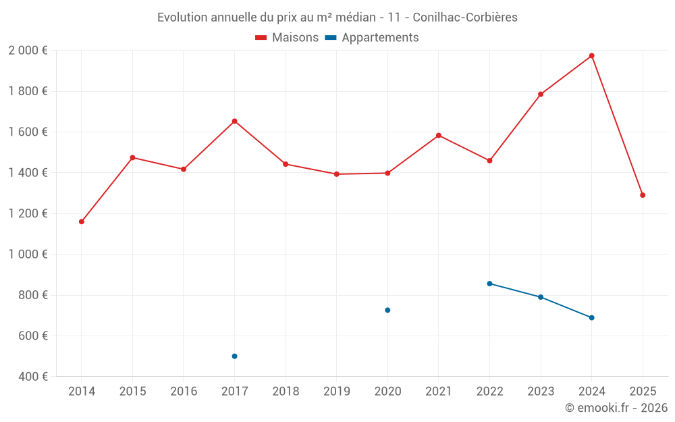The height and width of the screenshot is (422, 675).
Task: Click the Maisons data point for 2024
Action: pos(591,55)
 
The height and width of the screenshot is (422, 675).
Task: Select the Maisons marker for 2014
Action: pos(82,221)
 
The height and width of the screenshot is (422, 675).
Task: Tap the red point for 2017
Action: pos(234,121)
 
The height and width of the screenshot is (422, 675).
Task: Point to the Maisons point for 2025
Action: pos(643,195)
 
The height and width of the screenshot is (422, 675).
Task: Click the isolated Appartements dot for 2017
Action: pos(234,356)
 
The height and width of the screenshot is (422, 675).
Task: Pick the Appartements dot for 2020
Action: pos(387,310)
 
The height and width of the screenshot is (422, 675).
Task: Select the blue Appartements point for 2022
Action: pos(489,284)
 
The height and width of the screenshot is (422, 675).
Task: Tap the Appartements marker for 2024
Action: pos(591,317)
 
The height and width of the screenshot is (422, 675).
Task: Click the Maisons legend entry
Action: pos(287,38)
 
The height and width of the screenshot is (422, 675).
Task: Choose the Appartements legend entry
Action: pos(372,38)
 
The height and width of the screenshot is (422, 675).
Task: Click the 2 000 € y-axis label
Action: pos(28,51)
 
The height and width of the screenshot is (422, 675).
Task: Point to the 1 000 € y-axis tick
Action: pos(28,255)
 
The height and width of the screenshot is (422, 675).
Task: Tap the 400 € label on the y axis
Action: pos(32,377)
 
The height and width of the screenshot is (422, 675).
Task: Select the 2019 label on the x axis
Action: pos(336,392)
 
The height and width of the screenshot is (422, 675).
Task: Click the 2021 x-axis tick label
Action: pos(438,392)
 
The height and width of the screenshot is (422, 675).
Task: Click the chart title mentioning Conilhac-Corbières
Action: pos(337,18)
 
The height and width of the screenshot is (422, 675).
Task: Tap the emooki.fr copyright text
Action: pos(616,408)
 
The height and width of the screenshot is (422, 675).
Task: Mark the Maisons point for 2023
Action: pos(541,94)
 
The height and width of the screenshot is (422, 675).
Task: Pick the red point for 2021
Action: pos(438,135)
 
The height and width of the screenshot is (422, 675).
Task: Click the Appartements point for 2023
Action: pos(541,297)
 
